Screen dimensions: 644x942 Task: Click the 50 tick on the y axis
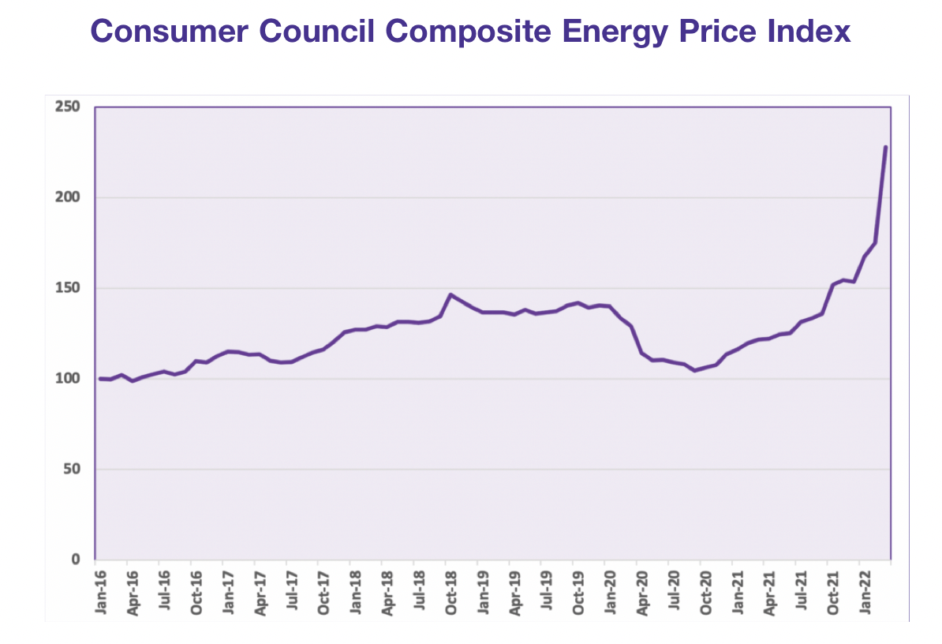point(73,470)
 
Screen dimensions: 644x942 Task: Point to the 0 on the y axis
point(77,560)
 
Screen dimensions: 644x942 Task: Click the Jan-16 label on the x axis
point(100,588)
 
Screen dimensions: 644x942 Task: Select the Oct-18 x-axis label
point(450,588)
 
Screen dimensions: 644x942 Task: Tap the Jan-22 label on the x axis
point(865,588)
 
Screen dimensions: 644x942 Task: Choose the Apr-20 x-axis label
point(642,588)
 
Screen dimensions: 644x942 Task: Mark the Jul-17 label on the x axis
point(291,588)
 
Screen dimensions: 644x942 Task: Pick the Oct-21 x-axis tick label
point(833,588)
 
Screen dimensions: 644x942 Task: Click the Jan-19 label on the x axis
point(482,588)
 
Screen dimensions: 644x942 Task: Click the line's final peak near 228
point(886,147)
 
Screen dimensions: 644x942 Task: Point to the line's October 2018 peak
point(450,294)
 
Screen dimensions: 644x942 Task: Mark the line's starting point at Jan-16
point(99,379)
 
